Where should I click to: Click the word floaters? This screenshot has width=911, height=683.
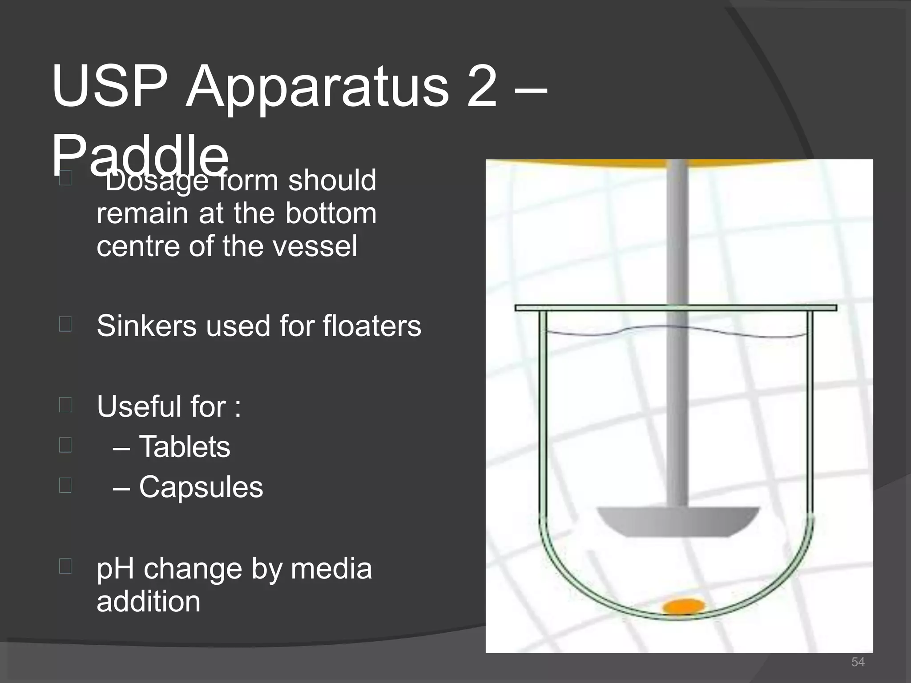point(372,325)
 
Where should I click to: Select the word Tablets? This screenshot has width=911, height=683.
point(185,446)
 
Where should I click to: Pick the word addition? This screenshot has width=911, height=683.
point(149,601)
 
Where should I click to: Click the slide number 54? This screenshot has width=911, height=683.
point(858,662)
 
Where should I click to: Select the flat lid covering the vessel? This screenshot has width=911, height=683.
point(676,308)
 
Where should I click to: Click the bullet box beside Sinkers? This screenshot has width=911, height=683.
point(65,324)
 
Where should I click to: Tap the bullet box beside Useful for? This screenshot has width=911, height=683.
point(65,405)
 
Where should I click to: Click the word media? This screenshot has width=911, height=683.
point(331,569)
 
